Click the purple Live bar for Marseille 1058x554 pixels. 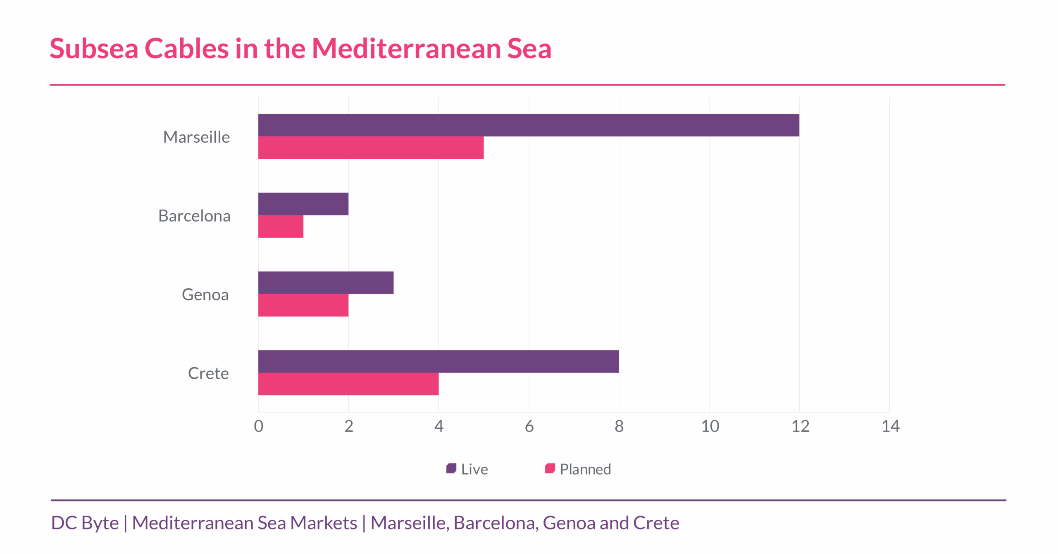(x=528, y=125)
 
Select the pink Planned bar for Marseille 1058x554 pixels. (x=371, y=148)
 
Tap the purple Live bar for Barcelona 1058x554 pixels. (x=303, y=204)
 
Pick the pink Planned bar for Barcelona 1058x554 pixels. (x=281, y=227)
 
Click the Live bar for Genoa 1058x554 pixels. (x=326, y=282)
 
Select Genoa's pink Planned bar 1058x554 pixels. (x=303, y=305)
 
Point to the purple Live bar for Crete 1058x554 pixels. (x=438, y=361)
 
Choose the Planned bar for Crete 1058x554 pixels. (x=348, y=384)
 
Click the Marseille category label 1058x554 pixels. (x=196, y=137)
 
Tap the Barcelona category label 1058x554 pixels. (x=194, y=216)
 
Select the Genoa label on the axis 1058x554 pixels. (x=205, y=295)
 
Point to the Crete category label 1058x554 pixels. (x=208, y=373)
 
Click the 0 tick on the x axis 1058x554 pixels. (x=259, y=426)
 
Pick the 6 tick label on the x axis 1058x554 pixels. (x=529, y=426)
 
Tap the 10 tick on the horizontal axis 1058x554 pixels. (x=710, y=426)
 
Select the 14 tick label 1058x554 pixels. (x=890, y=426)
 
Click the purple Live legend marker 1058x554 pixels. (x=451, y=468)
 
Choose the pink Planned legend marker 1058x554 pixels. (x=550, y=468)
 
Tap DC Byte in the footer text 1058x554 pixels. (x=85, y=523)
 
